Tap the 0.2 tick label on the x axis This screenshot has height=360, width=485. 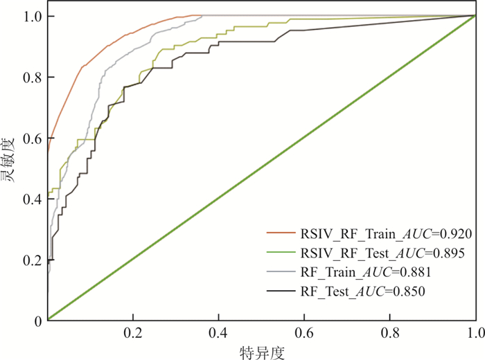(x=133, y=334)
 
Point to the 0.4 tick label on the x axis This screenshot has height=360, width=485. (x=218, y=334)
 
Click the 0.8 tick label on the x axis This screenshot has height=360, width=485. (x=389, y=334)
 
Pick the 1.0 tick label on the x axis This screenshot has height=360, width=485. (x=474, y=334)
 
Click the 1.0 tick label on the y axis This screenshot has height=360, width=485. (x=32, y=16)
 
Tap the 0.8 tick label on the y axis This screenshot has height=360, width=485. (x=32, y=77)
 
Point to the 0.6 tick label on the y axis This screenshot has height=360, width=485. (x=32, y=138)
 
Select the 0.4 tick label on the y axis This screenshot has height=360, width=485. (x=32, y=199)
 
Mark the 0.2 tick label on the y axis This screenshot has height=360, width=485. (x=32, y=260)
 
